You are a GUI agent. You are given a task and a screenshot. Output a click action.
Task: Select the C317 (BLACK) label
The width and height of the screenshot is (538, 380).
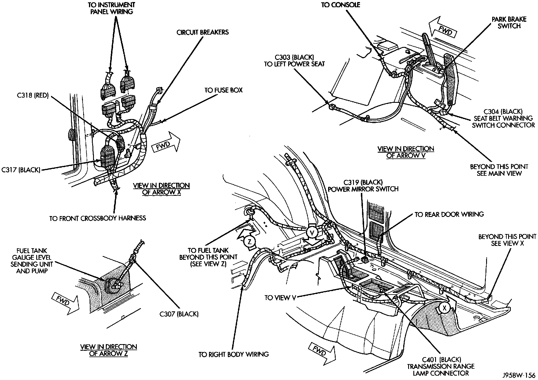[21, 170]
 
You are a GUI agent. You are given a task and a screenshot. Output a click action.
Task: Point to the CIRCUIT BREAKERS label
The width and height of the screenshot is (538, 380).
[203, 32]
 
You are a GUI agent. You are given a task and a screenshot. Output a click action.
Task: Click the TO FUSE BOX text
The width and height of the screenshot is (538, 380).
[223, 90]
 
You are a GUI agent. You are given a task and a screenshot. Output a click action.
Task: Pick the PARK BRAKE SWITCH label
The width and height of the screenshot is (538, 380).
[509, 23]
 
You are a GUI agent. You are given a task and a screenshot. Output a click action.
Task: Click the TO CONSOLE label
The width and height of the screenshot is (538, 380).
[341, 5]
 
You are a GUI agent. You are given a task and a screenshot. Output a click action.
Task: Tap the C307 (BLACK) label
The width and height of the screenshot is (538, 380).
[179, 314]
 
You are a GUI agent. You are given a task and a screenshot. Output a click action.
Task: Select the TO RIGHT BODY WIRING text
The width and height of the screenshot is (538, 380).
[234, 354]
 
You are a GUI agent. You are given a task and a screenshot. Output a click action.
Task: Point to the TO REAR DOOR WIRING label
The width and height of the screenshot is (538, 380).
[449, 214]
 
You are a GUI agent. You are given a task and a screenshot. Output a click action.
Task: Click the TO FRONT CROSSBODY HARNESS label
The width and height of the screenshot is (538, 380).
[97, 218]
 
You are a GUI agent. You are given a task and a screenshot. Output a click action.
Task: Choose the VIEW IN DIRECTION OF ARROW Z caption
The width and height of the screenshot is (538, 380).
[108, 350]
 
